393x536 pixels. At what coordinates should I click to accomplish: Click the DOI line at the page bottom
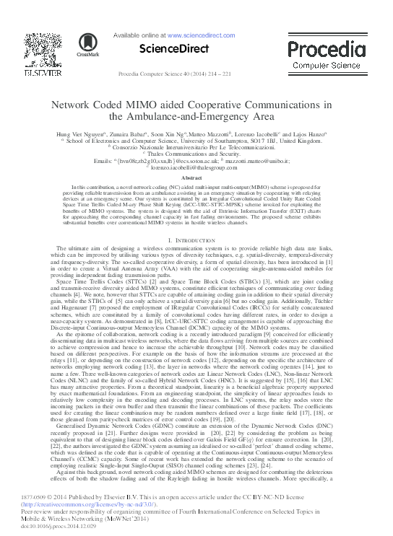(55, 525)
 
